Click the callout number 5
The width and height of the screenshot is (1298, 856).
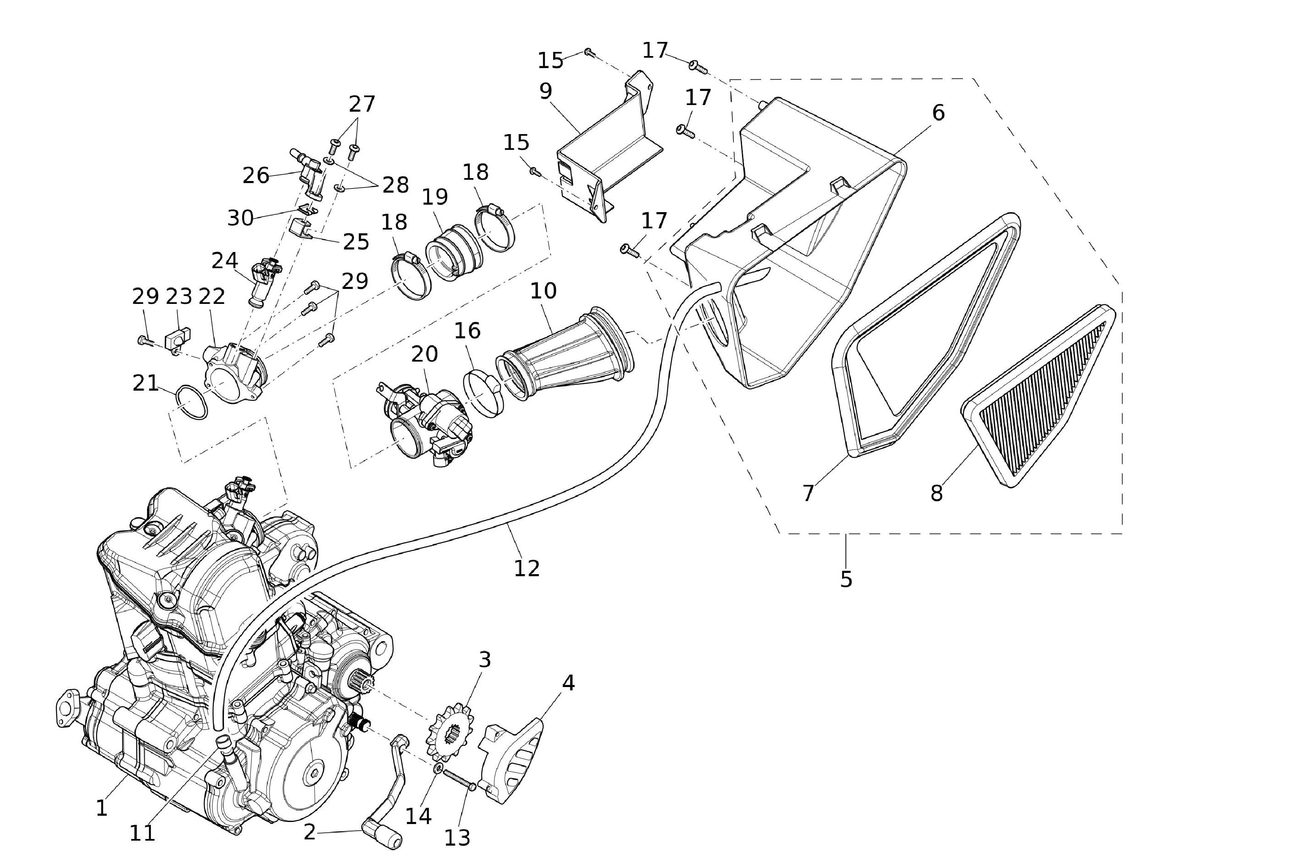[x=846, y=579]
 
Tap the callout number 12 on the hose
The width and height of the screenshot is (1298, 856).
[x=527, y=568]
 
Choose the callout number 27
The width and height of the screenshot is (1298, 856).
[x=362, y=104]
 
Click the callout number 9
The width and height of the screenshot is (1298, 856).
[x=546, y=91]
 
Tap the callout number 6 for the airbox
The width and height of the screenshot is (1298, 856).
[x=938, y=113]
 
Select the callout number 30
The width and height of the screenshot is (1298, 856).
[x=240, y=218]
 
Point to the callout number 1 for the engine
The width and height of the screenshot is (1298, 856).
[x=102, y=808]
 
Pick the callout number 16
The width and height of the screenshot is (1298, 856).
[x=468, y=331]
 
